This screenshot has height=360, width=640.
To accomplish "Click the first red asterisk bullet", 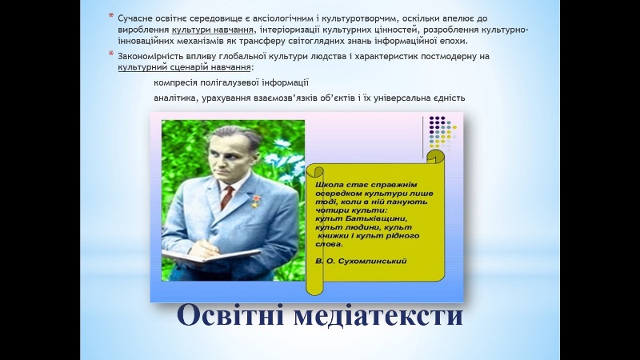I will click(111, 17).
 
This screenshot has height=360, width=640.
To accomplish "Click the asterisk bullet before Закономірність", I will click(111, 54).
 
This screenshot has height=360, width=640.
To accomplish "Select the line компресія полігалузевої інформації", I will click(231, 83).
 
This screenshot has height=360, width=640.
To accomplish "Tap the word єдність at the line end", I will click(446, 98).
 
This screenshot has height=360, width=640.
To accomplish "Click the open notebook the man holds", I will click(203, 255).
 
